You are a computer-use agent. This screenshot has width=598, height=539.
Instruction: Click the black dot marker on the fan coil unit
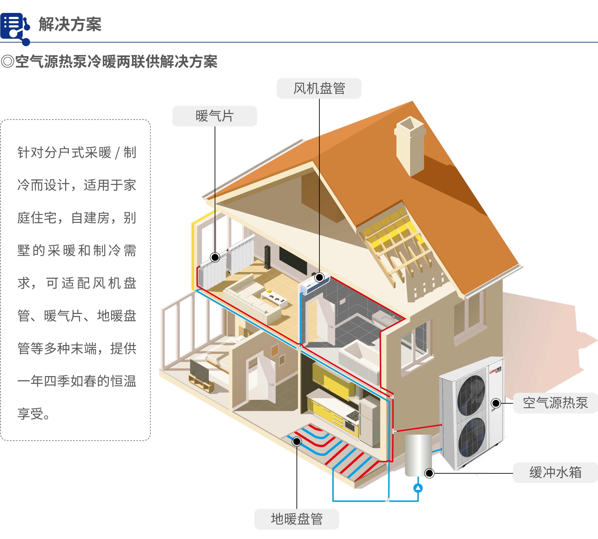(x=319, y=278)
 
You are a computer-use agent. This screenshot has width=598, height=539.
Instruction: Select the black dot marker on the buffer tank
(x=429, y=473)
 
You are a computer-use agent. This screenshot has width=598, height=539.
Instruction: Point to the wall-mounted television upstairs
(x=293, y=261)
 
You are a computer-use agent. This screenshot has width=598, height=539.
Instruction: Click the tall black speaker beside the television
(x=267, y=257)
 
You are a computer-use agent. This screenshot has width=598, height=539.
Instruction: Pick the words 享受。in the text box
(x=33, y=414)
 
